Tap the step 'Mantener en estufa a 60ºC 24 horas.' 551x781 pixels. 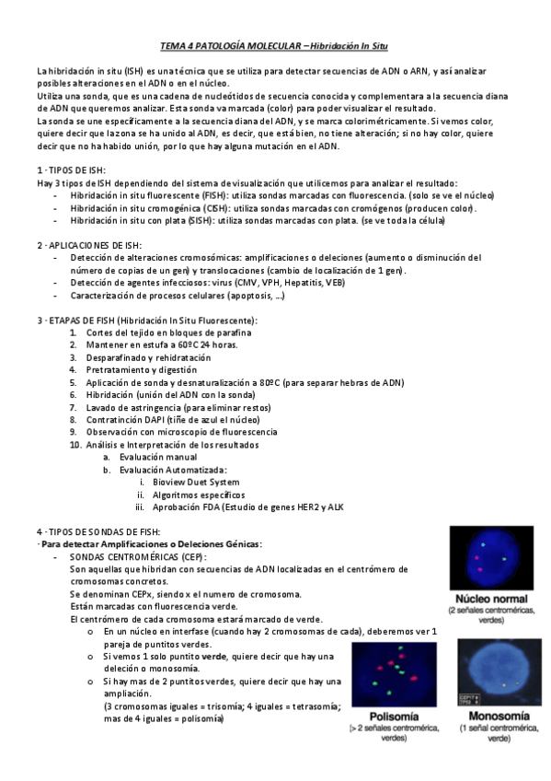tap(149, 344)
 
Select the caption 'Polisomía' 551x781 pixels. tap(394, 716)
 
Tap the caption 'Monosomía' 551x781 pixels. tap(498, 716)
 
